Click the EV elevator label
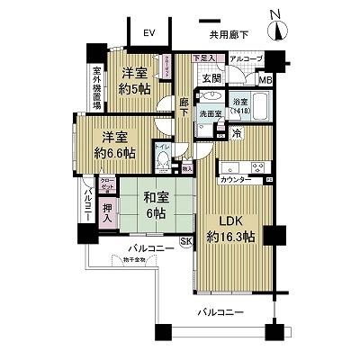pos(148,33)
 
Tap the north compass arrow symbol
pos(280,28)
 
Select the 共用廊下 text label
pos(229,35)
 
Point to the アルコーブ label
pos(245,59)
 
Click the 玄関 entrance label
pos(210,79)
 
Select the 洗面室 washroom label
pos(210,114)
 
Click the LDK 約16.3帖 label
pos(230,230)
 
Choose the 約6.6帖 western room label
pos(115,147)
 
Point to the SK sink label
pos(186,241)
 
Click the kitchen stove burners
pos(258,167)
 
